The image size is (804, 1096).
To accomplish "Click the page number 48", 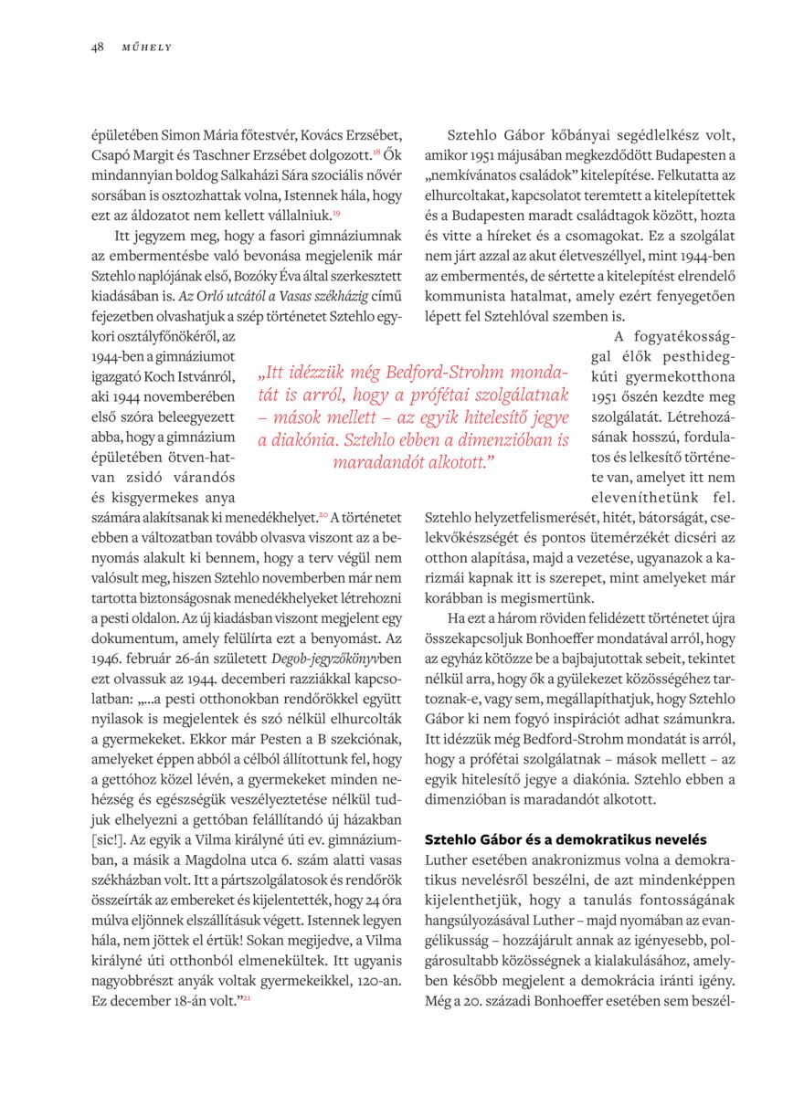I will coord(97,47).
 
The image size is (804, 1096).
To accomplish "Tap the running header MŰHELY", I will coord(147,47).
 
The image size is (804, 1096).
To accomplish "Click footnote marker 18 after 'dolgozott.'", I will coord(376,150).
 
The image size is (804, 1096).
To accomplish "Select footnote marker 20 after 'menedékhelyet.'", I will coord(323,515).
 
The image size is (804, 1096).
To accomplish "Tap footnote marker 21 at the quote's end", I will coord(247,997).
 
